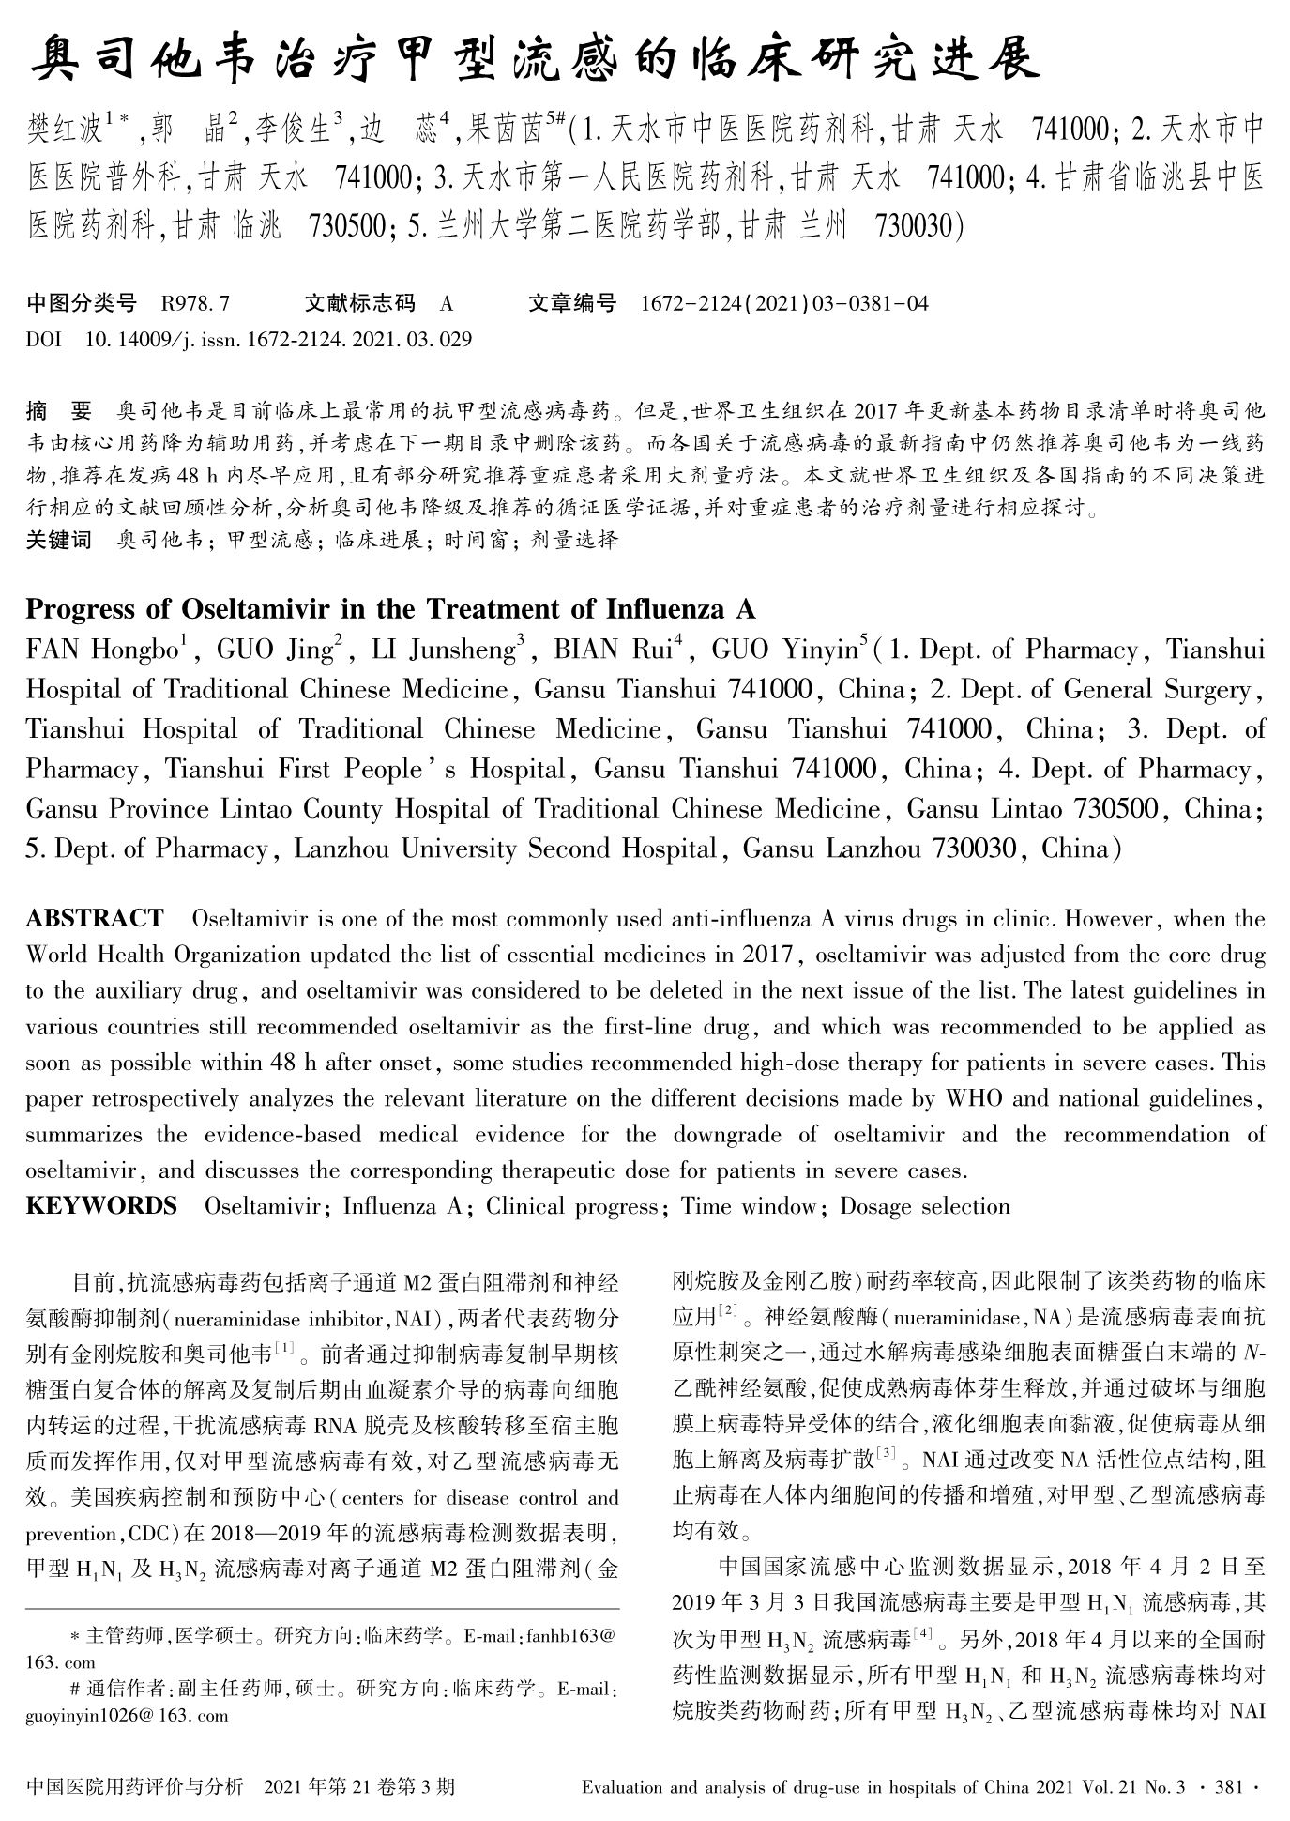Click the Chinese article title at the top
point(536,58)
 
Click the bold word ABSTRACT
point(94,918)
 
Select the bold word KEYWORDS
point(101,1206)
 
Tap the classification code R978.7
point(195,304)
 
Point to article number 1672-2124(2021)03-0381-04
point(784,304)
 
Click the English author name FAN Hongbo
point(106,650)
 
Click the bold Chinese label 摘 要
point(59,410)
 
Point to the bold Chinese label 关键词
point(59,540)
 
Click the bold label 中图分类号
point(82,304)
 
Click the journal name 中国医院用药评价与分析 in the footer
point(136,1786)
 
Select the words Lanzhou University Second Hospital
point(505,849)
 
